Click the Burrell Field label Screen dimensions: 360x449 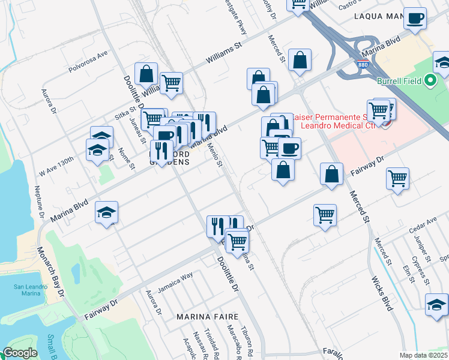(x=398, y=80)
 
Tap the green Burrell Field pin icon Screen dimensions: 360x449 (x=429, y=80)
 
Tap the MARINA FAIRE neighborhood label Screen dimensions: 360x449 (x=207, y=316)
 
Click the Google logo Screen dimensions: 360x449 (x=20, y=353)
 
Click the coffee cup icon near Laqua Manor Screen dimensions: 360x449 (x=415, y=18)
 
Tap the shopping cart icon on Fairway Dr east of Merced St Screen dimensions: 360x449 (x=397, y=177)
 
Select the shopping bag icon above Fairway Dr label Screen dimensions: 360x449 (x=331, y=174)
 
